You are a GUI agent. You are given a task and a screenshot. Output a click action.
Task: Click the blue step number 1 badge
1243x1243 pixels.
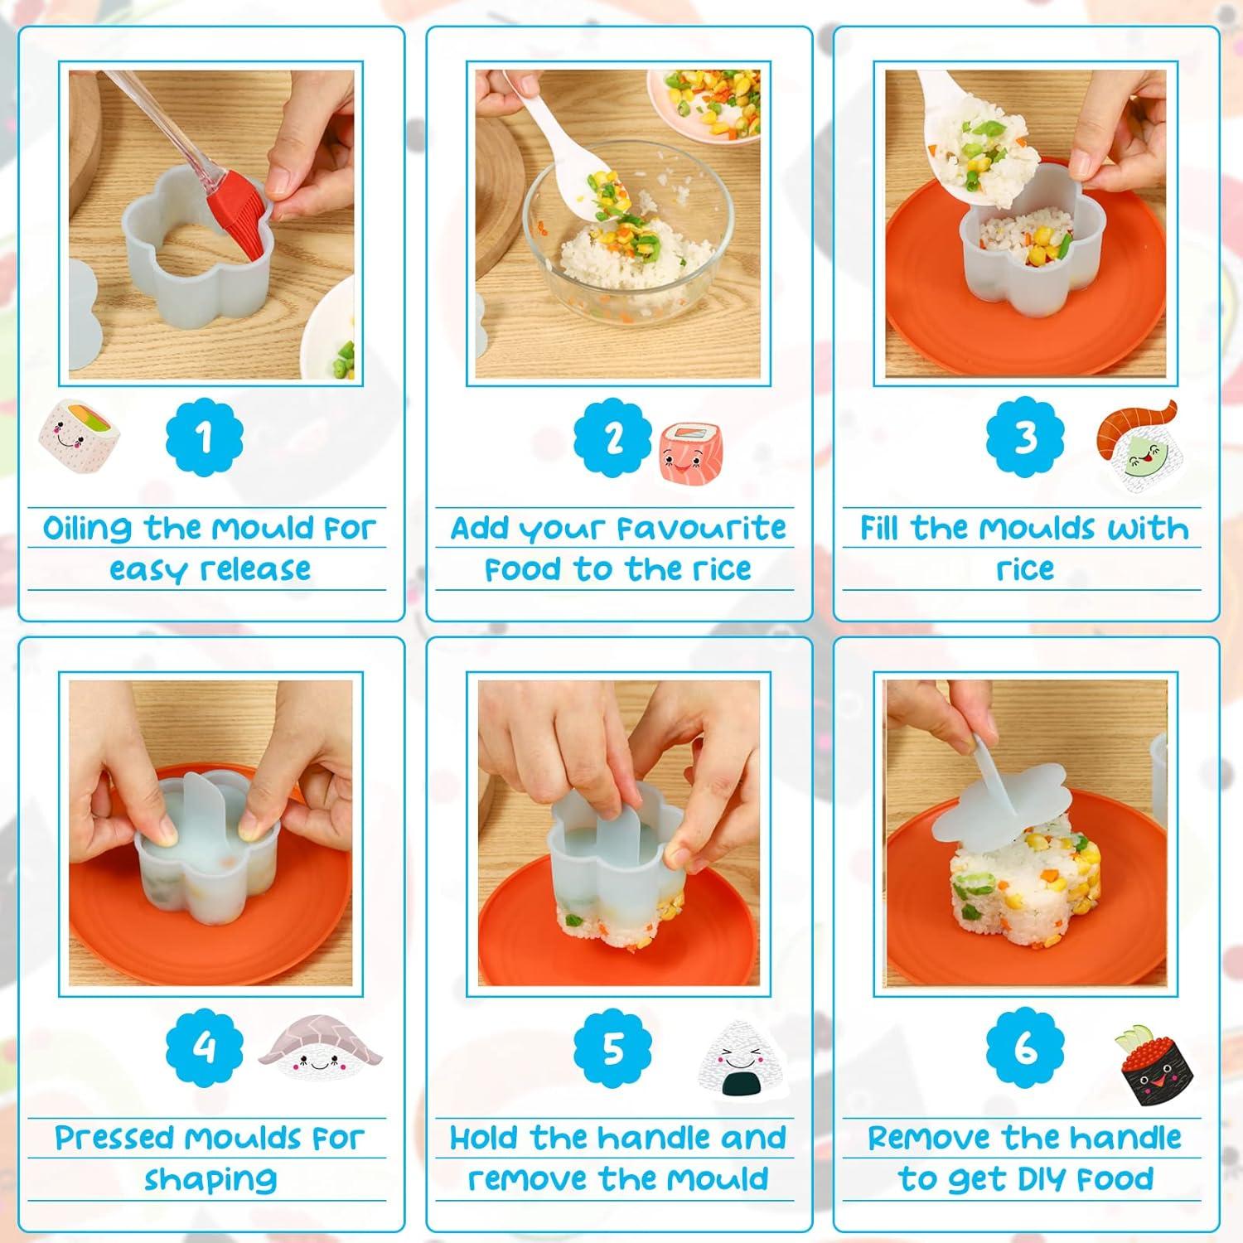click(x=205, y=438)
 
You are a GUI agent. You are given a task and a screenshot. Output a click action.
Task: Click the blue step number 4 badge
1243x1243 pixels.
click(x=205, y=1048)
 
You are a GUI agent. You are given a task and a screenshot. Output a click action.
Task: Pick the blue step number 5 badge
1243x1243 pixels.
click(x=613, y=1048)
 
